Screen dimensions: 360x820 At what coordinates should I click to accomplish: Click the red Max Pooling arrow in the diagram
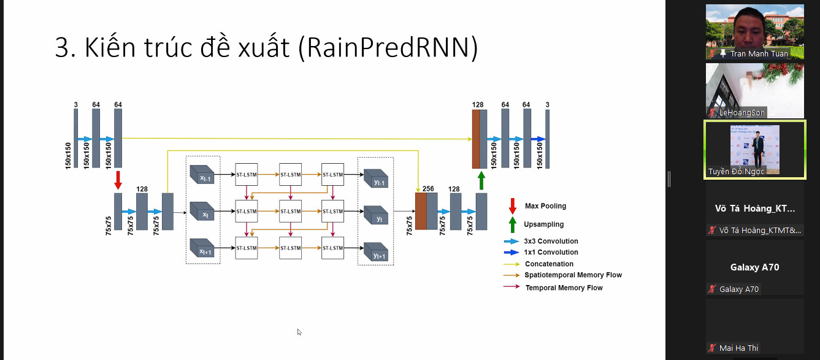tap(118, 180)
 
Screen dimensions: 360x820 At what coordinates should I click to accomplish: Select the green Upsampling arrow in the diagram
tap(481, 180)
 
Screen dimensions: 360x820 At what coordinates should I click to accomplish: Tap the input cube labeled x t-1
tap(202, 175)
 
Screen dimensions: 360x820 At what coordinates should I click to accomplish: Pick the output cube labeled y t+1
tap(375, 252)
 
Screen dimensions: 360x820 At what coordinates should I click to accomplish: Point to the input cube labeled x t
tap(202, 212)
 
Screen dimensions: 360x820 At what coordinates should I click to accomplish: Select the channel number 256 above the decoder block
tap(428, 189)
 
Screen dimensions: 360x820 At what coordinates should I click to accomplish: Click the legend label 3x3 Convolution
tap(551, 241)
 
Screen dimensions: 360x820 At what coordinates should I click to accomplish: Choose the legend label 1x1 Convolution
tap(551, 252)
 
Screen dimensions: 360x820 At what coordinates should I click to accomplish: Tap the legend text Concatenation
tap(549, 264)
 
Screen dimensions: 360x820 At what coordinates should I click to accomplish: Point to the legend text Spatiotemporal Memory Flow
tap(573, 275)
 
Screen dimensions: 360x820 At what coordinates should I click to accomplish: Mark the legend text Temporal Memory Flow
tap(564, 288)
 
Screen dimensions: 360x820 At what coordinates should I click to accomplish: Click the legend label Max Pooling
tap(545, 206)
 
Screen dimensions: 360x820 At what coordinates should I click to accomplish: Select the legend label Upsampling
tap(543, 224)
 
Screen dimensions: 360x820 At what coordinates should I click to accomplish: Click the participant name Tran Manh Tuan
tap(759, 54)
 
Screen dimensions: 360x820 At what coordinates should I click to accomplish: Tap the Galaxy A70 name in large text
tap(754, 267)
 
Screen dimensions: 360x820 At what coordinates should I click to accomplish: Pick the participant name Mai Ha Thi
tap(738, 348)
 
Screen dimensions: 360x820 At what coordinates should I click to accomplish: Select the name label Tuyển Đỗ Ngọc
tap(737, 171)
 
